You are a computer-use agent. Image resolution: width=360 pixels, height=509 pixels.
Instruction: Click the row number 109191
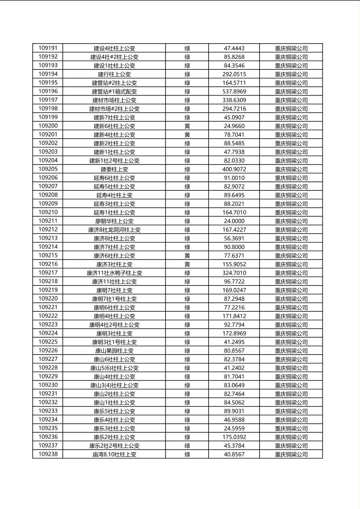pyautogui.click(x=48, y=48)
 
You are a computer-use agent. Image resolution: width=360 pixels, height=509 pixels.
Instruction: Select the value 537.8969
pyautogui.click(x=234, y=92)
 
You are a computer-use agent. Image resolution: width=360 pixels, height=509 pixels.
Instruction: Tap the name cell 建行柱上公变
pyautogui.click(x=114, y=74)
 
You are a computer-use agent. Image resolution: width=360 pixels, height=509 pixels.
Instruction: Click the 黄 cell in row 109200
pyautogui.click(x=187, y=126)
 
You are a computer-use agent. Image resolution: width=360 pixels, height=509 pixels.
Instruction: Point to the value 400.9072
pyautogui.click(x=234, y=169)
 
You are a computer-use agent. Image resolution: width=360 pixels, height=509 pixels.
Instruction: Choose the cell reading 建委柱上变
pyautogui.click(x=114, y=169)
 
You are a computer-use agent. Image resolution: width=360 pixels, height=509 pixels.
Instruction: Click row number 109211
pyautogui.click(x=48, y=221)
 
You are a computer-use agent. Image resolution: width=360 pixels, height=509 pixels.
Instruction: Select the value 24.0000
pyautogui.click(x=234, y=221)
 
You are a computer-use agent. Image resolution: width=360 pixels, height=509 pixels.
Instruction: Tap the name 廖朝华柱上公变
pyautogui.click(x=114, y=221)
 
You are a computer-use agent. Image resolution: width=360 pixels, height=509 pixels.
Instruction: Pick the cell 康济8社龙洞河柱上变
pyautogui.click(x=114, y=230)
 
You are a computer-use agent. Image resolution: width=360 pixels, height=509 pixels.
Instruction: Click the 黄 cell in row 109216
pyautogui.click(x=187, y=264)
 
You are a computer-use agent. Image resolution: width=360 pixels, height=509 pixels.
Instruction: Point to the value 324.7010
pyautogui.click(x=234, y=273)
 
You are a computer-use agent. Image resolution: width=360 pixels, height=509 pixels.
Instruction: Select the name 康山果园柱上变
pyautogui.click(x=114, y=351)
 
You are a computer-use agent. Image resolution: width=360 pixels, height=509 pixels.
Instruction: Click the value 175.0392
pyautogui.click(x=234, y=437)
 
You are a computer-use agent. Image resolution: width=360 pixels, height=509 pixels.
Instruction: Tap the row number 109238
pyautogui.click(x=48, y=454)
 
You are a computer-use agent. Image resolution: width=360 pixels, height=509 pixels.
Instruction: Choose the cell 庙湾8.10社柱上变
pyautogui.click(x=114, y=455)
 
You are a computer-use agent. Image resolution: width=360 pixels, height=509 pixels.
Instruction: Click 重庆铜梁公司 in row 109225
pyautogui.click(x=291, y=342)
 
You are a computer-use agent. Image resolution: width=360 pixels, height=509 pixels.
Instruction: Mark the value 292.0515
pyautogui.click(x=234, y=74)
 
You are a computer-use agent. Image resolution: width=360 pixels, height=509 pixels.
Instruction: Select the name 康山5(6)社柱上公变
pyautogui.click(x=114, y=368)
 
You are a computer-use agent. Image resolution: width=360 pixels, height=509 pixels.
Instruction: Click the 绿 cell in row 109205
pyautogui.click(x=187, y=169)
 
